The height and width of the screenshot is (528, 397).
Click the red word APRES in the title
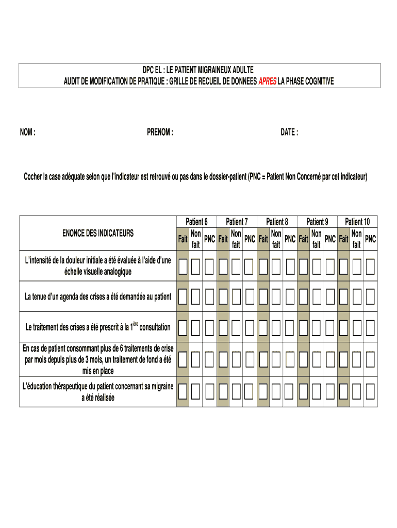pyautogui.click(x=267, y=81)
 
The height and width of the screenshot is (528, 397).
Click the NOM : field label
pyautogui.click(x=28, y=133)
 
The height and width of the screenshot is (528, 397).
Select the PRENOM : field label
pyautogui.click(x=160, y=133)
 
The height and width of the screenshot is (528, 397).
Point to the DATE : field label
pyautogui.click(x=289, y=133)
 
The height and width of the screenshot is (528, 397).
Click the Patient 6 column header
pyautogui.click(x=196, y=222)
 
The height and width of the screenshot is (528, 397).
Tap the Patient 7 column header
pyautogui.click(x=237, y=222)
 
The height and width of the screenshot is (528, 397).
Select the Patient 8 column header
pyautogui.click(x=277, y=222)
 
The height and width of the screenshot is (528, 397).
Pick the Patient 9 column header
pyautogui.click(x=317, y=222)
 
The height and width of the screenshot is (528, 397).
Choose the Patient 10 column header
pyautogui.click(x=357, y=222)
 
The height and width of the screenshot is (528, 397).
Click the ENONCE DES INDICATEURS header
pyautogui.click(x=97, y=233)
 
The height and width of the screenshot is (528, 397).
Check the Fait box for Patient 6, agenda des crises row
pyautogui.click(x=183, y=296)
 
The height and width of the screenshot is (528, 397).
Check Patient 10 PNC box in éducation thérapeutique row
pyautogui.click(x=370, y=392)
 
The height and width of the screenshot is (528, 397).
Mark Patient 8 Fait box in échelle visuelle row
pyautogui.click(x=263, y=267)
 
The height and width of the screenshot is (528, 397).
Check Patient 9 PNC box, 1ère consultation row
pyautogui.click(x=330, y=327)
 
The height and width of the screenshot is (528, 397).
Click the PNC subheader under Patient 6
pyautogui.click(x=209, y=239)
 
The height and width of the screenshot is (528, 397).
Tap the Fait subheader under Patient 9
pyautogui.click(x=304, y=239)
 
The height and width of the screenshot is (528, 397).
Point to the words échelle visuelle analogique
pyautogui.click(x=97, y=271)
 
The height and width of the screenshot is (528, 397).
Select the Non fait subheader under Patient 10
pyautogui.click(x=356, y=239)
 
